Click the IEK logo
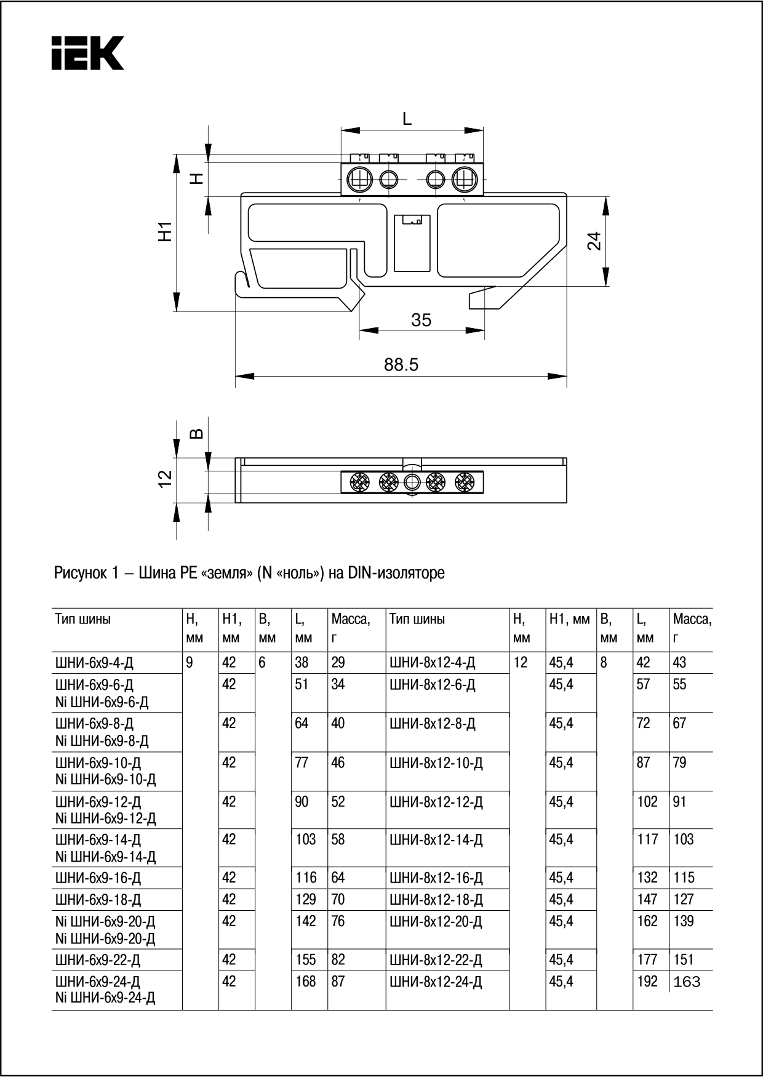pos(88,53)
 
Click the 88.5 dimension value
pos(401,365)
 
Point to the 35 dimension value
pos(421,320)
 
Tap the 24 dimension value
pos(594,241)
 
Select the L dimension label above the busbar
pos(407,119)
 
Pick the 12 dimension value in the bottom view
pos(165,479)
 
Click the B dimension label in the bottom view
pos(196,433)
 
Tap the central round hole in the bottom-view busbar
pos(412,482)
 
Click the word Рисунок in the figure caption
pos(78,573)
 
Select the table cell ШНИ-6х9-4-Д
pos(94,663)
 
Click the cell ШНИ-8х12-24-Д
pos(436,982)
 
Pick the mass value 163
pos(687,982)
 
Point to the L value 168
pos(306,982)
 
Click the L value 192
pos(647,982)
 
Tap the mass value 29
pos(338,663)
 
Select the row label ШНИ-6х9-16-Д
pos(98,878)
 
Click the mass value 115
pos(684,878)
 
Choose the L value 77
pos(302,763)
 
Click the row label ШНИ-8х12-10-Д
pos(436,763)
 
